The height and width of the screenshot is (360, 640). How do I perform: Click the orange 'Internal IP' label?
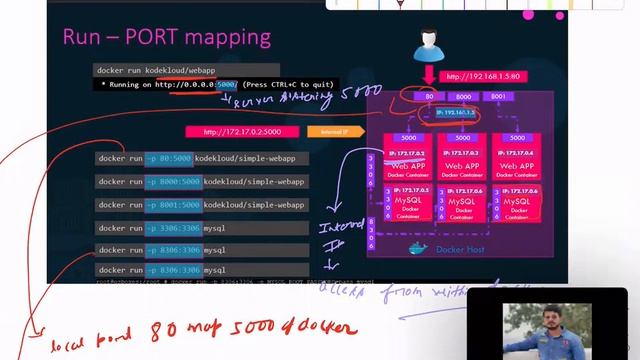point(328,131)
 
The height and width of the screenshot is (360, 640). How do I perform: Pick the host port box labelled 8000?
point(463,97)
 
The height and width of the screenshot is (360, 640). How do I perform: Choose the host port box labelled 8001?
point(498,97)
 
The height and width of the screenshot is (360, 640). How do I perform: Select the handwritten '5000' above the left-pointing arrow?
point(361,93)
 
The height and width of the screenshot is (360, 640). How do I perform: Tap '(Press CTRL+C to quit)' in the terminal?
point(289,85)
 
